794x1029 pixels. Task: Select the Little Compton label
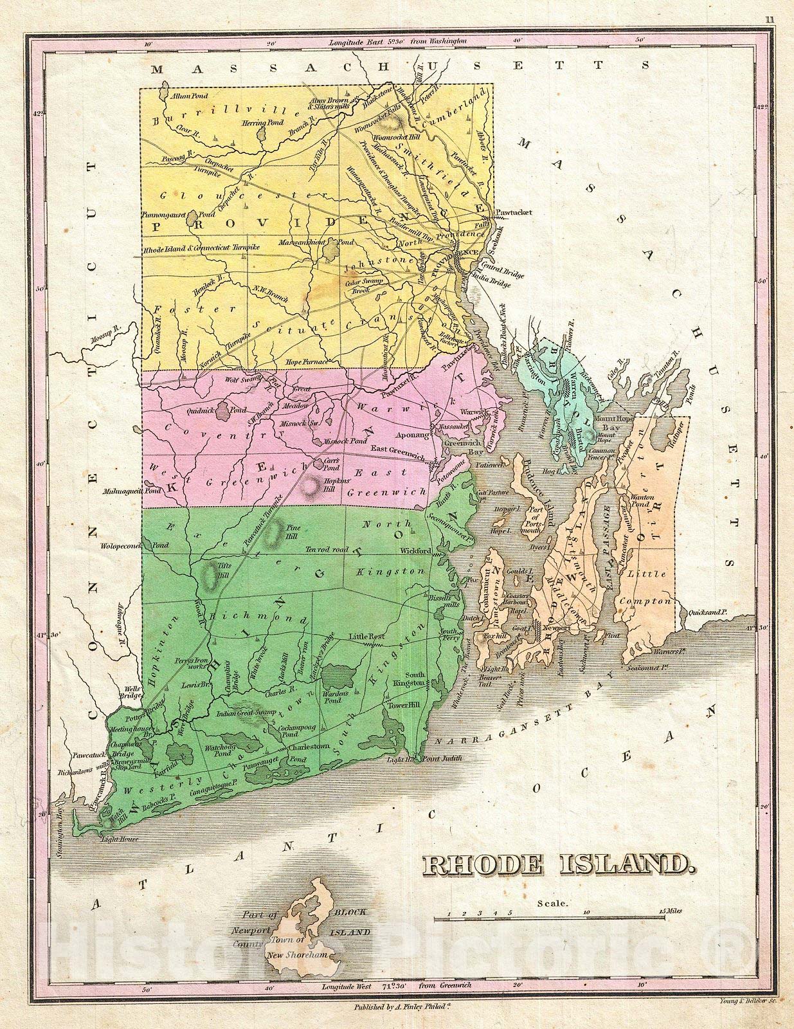coord(648,587)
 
